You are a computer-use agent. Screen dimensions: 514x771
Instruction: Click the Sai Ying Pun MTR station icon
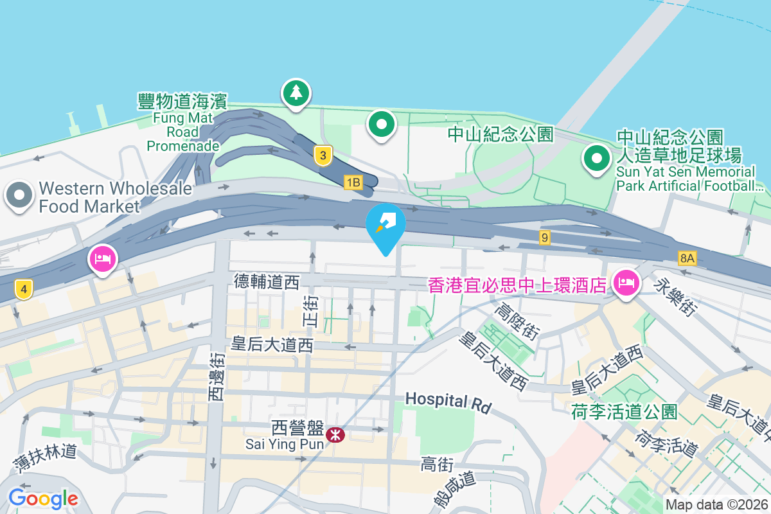335,435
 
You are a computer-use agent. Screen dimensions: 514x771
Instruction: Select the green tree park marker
296,93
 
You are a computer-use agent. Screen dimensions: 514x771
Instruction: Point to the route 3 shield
323,155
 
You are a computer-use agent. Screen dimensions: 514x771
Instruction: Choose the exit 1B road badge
353,183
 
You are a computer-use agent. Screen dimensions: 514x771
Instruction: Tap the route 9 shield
545,238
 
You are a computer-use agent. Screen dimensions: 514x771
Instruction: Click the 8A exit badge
687,258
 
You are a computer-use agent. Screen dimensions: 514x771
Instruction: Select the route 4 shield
23,290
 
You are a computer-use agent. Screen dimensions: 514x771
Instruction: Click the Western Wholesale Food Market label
115,197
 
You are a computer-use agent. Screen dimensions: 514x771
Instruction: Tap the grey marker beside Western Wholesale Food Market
19,195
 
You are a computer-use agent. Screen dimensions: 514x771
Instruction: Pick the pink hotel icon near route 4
103,259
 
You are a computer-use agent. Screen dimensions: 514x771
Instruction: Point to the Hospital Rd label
448,402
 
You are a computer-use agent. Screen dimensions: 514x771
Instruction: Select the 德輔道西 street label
267,281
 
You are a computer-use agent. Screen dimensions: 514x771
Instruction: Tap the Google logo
43,498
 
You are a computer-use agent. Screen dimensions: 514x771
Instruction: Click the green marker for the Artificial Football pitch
596,157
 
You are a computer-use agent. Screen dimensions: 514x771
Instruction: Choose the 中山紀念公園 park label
501,134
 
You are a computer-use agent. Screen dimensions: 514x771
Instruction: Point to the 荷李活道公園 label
624,412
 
